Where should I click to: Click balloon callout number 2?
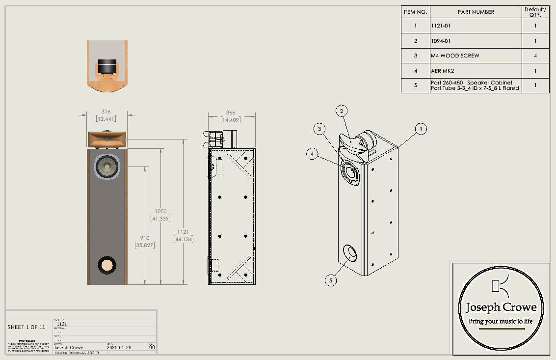(x=342, y=111)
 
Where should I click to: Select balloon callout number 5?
(x=331, y=280)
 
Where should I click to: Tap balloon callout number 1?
(x=420, y=129)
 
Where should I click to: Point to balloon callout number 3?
(x=320, y=129)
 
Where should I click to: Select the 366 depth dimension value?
(x=230, y=113)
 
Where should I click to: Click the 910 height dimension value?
(x=144, y=238)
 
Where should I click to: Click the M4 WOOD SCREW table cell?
(x=455, y=56)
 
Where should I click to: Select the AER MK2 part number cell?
(x=443, y=71)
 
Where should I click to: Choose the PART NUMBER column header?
(x=476, y=12)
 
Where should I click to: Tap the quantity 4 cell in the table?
(x=535, y=56)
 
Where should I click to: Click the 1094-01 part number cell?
(x=441, y=41)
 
